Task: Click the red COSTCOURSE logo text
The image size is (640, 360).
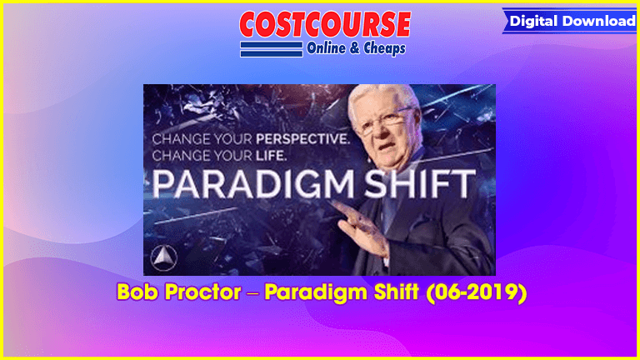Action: [x=325, y=23]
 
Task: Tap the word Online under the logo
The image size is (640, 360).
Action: [x=326, y=48]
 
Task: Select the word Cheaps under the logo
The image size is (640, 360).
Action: [x=384, y=48]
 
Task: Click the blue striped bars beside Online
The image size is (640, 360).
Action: [x=272, y=49]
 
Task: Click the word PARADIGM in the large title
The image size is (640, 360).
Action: [x=253, y=184]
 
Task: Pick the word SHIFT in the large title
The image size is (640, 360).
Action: [x=420, y=184]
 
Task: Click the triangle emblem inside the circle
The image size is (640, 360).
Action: [x=163, y=258]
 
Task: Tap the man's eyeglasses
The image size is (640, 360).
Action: [x=383, y=122]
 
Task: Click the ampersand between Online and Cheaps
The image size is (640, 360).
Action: [x=355, y=48]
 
